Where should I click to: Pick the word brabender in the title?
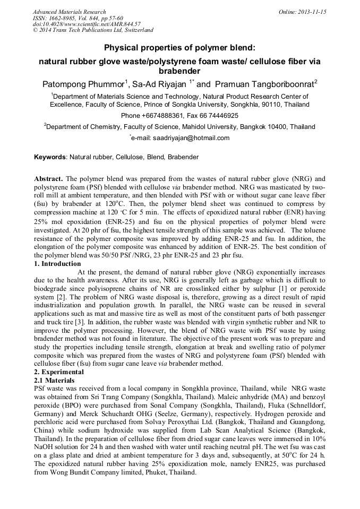(179, 71)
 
